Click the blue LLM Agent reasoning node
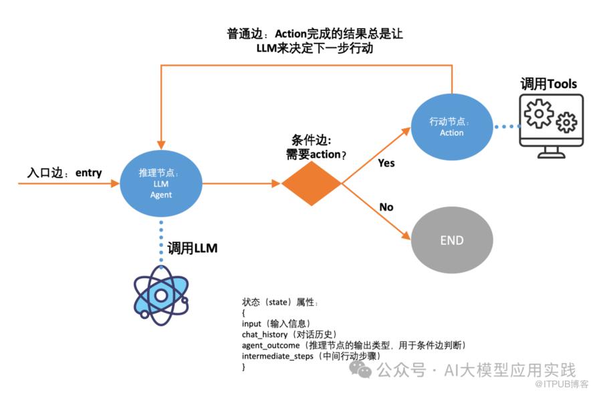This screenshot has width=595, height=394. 161,183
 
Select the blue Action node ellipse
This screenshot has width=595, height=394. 452,127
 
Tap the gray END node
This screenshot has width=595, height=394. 452,240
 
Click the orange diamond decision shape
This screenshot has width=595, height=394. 312,183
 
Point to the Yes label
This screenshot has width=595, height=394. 386,163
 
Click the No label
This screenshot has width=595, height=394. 386,207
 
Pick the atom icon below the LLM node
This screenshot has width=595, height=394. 161,296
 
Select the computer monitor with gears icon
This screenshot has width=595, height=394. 552,126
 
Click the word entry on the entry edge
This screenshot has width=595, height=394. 89,173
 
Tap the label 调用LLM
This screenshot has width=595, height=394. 193,248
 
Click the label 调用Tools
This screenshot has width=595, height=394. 549,84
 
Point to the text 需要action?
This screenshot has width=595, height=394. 316,155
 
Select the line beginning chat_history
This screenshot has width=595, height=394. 289,334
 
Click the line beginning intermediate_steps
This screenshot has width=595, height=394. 311,356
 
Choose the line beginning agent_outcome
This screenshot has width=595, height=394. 354,345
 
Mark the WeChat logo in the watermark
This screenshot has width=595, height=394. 360,369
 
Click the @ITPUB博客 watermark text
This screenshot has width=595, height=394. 562,384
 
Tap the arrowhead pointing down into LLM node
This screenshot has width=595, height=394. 161,145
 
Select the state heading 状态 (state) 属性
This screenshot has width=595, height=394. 280,302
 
